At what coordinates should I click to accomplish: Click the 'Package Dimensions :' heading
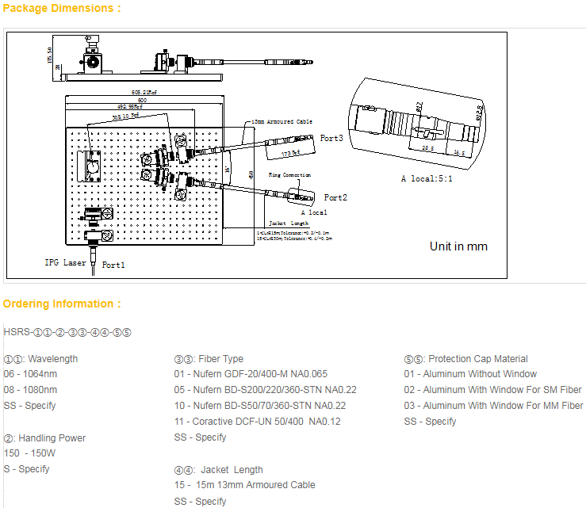pos(62,9)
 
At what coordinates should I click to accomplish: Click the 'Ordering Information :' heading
pos(62,304)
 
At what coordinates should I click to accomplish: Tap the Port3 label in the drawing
pos(331,138)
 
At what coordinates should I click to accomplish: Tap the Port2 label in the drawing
pos(335,197)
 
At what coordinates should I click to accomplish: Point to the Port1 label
pos(113,265)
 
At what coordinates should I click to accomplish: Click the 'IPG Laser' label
pos(65,262)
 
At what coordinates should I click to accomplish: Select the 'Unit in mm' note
pos(458,246)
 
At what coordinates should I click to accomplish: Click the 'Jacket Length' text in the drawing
pos(289,223)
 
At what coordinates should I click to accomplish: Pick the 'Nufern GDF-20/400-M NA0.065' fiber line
pos(251,374)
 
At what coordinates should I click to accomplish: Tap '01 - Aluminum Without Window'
pos(470,374)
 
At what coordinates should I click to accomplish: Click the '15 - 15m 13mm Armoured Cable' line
pos(244,485)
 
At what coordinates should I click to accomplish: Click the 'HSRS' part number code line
pos(67,332)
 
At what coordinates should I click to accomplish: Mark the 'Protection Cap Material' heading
pos(465,359)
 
